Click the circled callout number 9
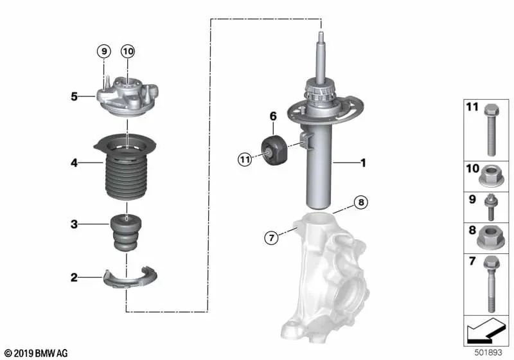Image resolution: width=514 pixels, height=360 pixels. pos(104,51)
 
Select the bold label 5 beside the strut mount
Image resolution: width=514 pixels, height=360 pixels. pos(75,97)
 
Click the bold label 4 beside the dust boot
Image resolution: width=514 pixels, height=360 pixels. pos(75,163)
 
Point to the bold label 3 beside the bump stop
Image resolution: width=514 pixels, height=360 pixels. pos(75,224)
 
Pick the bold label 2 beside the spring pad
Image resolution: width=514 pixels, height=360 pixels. pos(75,278)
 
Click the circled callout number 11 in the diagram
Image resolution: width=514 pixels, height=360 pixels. pos(244,159)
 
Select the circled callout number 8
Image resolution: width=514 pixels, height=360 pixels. pos(361,203)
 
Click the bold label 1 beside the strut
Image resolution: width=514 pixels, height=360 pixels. pos(363,163)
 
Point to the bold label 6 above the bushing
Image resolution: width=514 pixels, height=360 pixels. pos(273,116)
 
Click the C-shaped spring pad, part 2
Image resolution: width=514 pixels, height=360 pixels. pos(130,278)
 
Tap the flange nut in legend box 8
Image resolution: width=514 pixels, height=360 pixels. pos(490,237)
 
